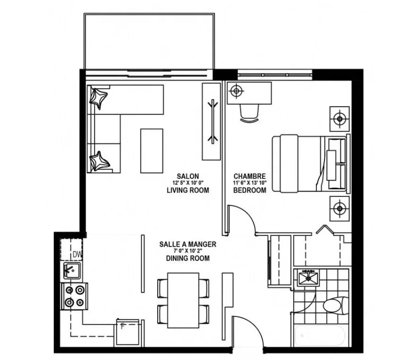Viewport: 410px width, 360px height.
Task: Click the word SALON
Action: pyautogui.click(x=188, y=176)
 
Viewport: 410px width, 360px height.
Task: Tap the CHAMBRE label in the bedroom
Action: pyautogui.click(x=249, y=176)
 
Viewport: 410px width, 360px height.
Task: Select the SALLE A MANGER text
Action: pyautogui.click(x=188, y=244)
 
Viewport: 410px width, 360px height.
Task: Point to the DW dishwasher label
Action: pyautogui.click(x=77, y=254)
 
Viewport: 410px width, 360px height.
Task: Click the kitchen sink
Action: pyautogui.click(x=72, y=271)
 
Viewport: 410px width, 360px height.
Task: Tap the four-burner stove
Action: pyautogui.click(x=74, y=296)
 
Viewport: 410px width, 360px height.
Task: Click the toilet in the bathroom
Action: pyautogui.click(x=336, y=305)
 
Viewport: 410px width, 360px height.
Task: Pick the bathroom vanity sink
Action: pyautogui.click(x=308, y=278)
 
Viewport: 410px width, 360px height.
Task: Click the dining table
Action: pyautogui.click(x=183, y=300)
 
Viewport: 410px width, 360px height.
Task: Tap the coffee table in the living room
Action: pyautogui.click(x=152, y=151)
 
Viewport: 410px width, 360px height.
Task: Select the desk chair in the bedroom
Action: pyautogui.click(x=249, y=113)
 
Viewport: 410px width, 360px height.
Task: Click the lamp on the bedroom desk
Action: pyautogui.click(x=236, y=91)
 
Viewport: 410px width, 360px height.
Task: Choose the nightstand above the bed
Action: pyautogui.click(x=340, y=119)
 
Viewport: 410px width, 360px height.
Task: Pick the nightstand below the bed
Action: pyautogui.click(x=340, y=209)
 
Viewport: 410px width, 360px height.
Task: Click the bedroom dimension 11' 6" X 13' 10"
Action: pyautogui.click(x=249, y=183)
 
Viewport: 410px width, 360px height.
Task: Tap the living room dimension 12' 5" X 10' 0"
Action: pyautogui.click(x=188, y=183)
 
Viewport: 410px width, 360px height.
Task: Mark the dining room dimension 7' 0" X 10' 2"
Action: pyautogui.click(x=188, y=251)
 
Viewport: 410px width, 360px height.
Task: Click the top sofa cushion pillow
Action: pyautogui.click(x=98, y=98)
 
